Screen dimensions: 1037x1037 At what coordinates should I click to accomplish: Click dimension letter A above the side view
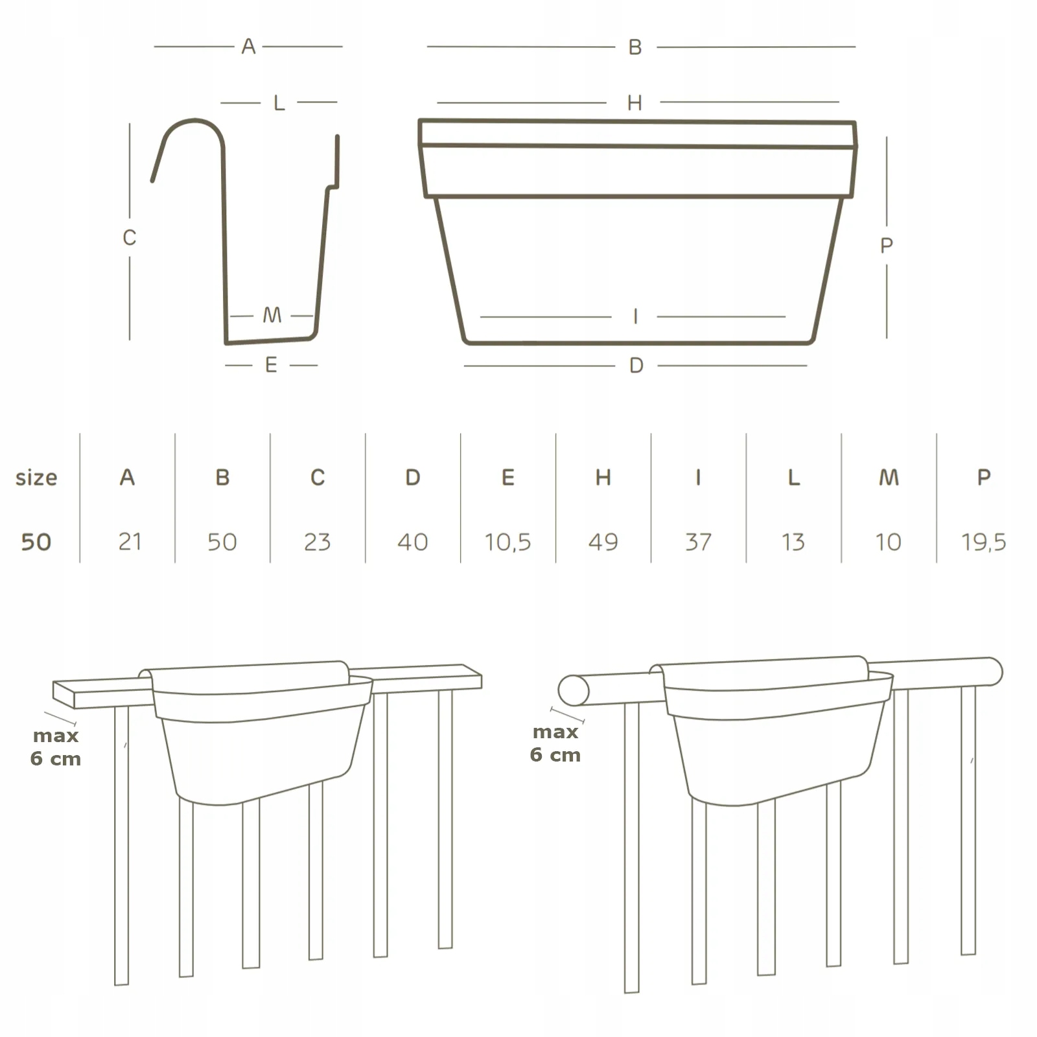coord(248,47)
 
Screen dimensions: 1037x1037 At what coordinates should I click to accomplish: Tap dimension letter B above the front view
coord(635,47)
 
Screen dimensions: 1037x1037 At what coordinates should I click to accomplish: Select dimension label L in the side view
coord(279,103)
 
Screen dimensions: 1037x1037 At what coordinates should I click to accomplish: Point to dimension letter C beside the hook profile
coord(130,238)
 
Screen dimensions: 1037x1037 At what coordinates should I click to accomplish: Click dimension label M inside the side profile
coord(272,316)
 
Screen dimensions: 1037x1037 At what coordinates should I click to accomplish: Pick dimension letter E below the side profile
coord(272,365)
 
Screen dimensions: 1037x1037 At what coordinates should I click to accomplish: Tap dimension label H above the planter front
coord(635,103)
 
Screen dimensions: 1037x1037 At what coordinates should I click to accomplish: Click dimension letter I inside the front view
coord(635,316)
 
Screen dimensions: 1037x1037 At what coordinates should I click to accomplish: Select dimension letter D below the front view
coord(636,366)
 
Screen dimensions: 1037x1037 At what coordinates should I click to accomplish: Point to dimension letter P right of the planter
coord(887,246)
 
